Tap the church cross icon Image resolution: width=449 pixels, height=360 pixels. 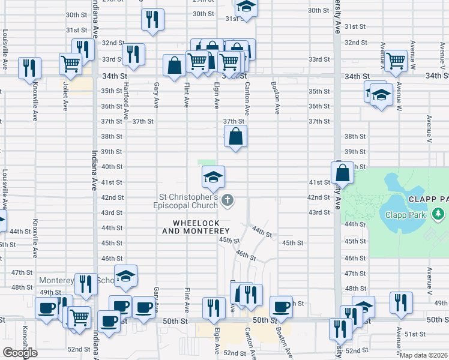227,200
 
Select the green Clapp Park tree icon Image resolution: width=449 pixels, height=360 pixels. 439,213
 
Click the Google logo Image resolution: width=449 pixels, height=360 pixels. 20,353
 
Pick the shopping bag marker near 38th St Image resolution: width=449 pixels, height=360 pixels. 237,136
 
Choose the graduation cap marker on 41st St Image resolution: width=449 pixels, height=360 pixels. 212,177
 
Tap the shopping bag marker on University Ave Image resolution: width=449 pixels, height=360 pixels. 342,173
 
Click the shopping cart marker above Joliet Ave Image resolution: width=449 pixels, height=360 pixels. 71,64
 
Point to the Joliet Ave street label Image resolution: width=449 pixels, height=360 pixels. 65,97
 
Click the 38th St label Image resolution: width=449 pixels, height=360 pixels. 355,136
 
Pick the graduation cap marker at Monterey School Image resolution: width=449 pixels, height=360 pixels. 125,276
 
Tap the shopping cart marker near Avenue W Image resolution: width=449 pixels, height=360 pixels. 396,61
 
